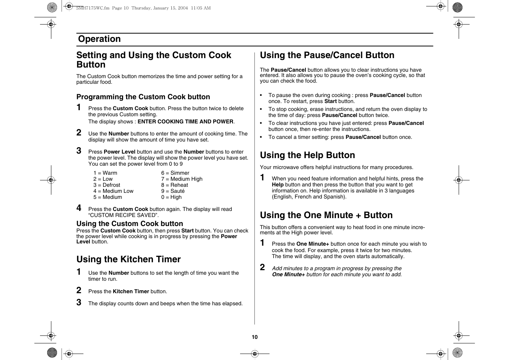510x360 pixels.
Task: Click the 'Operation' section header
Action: [99, 39]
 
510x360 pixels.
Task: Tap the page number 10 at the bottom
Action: [254, 337]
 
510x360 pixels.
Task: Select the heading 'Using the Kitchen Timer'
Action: [128, 259]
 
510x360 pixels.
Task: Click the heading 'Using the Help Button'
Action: [307, 155]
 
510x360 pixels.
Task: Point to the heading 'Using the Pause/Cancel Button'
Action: [327, 55]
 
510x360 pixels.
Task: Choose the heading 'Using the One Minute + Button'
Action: [326, 215]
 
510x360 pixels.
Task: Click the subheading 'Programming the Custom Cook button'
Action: [143, 97]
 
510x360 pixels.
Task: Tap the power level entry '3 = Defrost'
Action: [107, 185]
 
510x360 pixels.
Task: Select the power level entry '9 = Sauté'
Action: [173, 191]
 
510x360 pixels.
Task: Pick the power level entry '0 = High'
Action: [171, 197]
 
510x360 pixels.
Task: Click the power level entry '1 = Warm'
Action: [105, 173]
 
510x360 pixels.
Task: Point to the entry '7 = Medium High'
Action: [182, 179]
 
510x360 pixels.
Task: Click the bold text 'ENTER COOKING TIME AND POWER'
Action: [185, 122]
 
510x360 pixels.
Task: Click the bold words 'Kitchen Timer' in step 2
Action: [131, 291]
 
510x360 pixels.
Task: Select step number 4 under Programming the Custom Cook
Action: [79, 208]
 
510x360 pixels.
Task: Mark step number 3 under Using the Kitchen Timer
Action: [79, 302]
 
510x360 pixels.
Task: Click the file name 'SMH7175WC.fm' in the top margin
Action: [92, 8]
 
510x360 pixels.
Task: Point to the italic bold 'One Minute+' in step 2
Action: [288, 274]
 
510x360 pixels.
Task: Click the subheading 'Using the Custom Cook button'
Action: [129, 224]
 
